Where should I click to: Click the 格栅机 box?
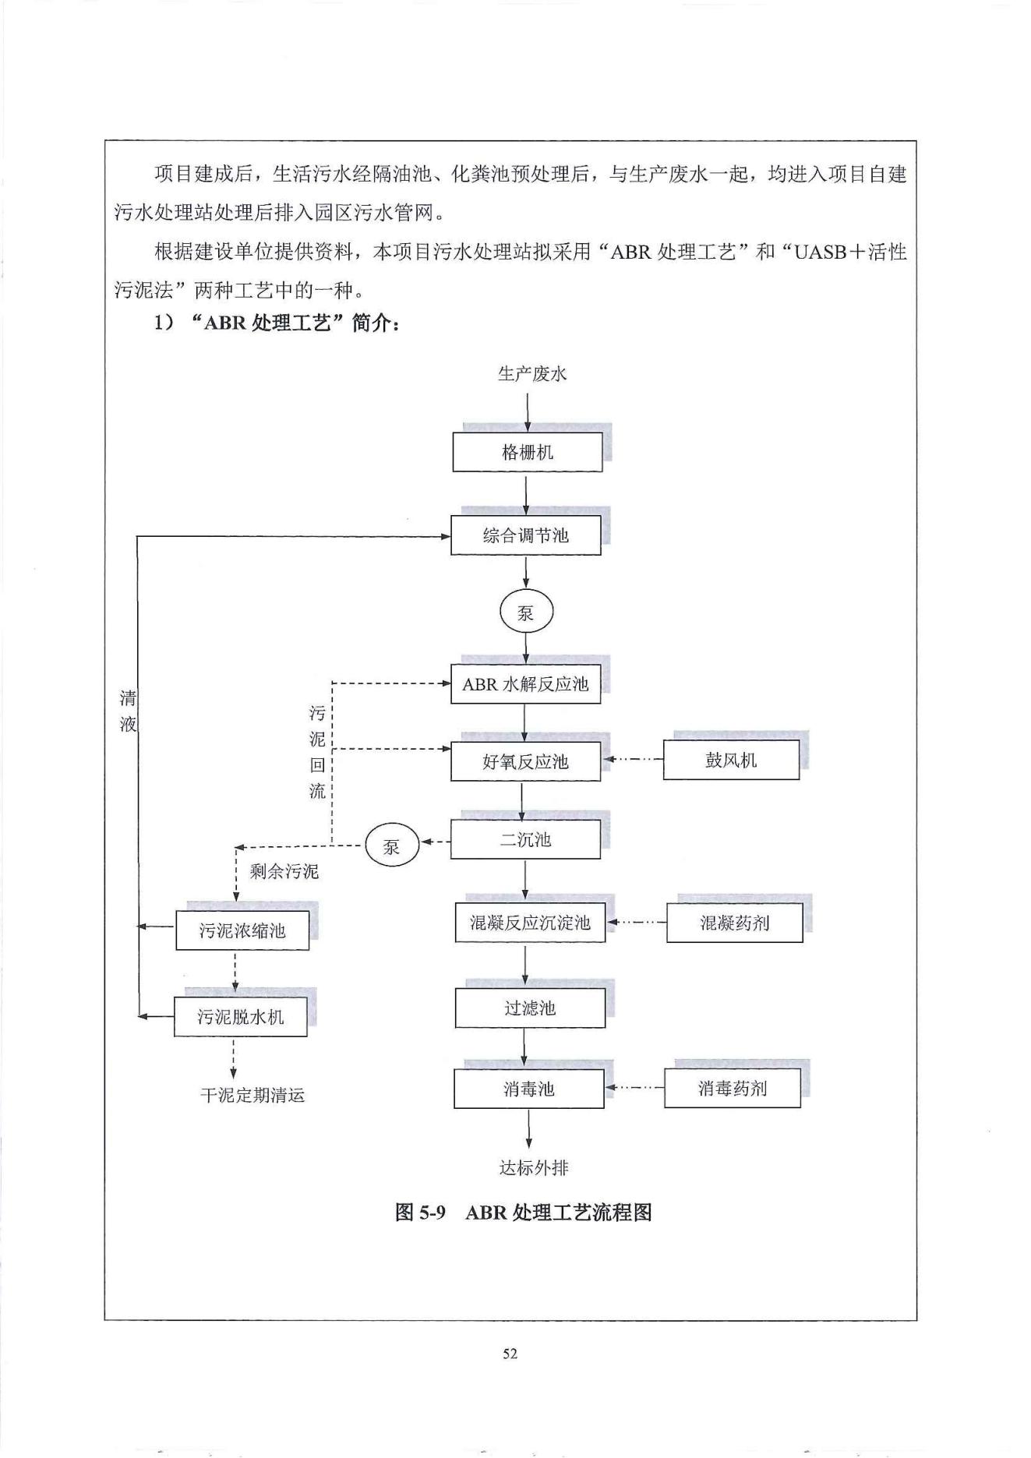tap(528, 453)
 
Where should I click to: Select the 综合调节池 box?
tap(525, 535)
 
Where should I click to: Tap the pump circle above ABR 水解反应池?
tap(526, 613)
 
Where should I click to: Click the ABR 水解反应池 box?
tap(525, 684)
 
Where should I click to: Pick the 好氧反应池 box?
tap(525, 761)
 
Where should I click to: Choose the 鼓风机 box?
tap(731, 760)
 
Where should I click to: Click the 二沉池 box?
tap(525, 839)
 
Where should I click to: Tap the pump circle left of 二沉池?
tap(392, 845)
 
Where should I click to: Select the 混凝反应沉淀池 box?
tap(530, 923)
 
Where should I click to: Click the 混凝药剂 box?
tap(734, 923)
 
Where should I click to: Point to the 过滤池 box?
tap(530, 1008)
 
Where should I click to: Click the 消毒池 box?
tap(528, 1089)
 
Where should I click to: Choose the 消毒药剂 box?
tap(733, 1088)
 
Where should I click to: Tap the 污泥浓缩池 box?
tap(242, 930)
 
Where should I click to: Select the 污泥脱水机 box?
tap(240, 1017)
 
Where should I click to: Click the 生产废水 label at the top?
tap(532, 374)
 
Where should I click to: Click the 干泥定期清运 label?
tap(252, 1096)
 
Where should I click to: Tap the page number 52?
tap(510, 1354)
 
